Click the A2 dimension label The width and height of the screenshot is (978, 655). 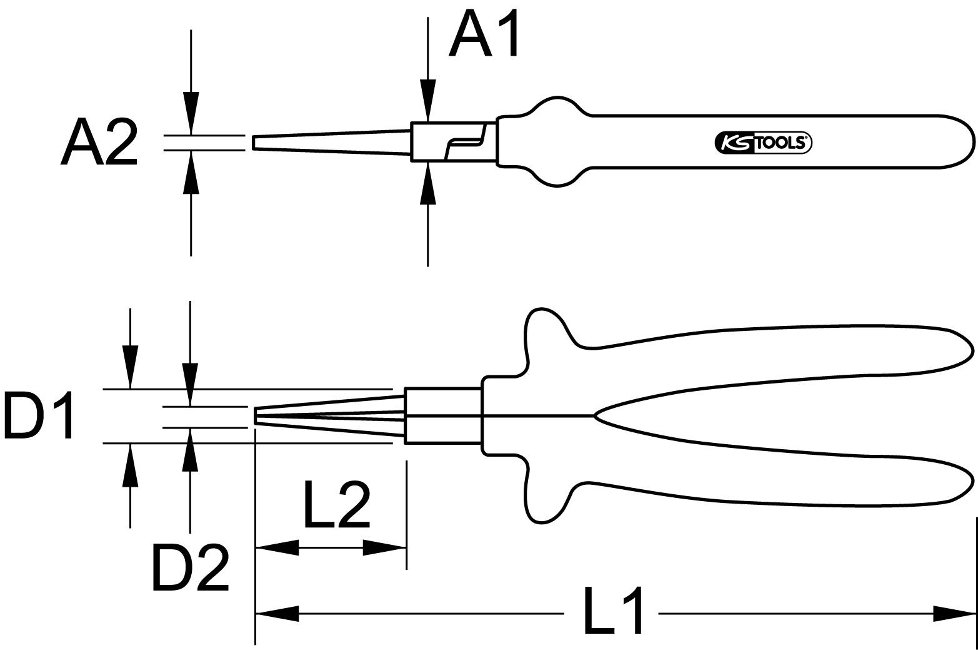99,142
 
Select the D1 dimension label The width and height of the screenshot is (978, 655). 39,415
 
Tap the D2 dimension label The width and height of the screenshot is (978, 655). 191,568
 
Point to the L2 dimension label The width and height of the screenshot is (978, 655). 337,504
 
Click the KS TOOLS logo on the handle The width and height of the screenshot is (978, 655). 762,143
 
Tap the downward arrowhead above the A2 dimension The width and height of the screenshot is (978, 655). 191,113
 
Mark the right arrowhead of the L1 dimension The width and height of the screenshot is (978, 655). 954,613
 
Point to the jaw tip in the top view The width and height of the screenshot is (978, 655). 255,143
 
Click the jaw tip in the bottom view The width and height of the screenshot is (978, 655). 256,416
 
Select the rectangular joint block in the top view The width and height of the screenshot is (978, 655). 454,142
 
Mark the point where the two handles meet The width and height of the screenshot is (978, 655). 595,415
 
